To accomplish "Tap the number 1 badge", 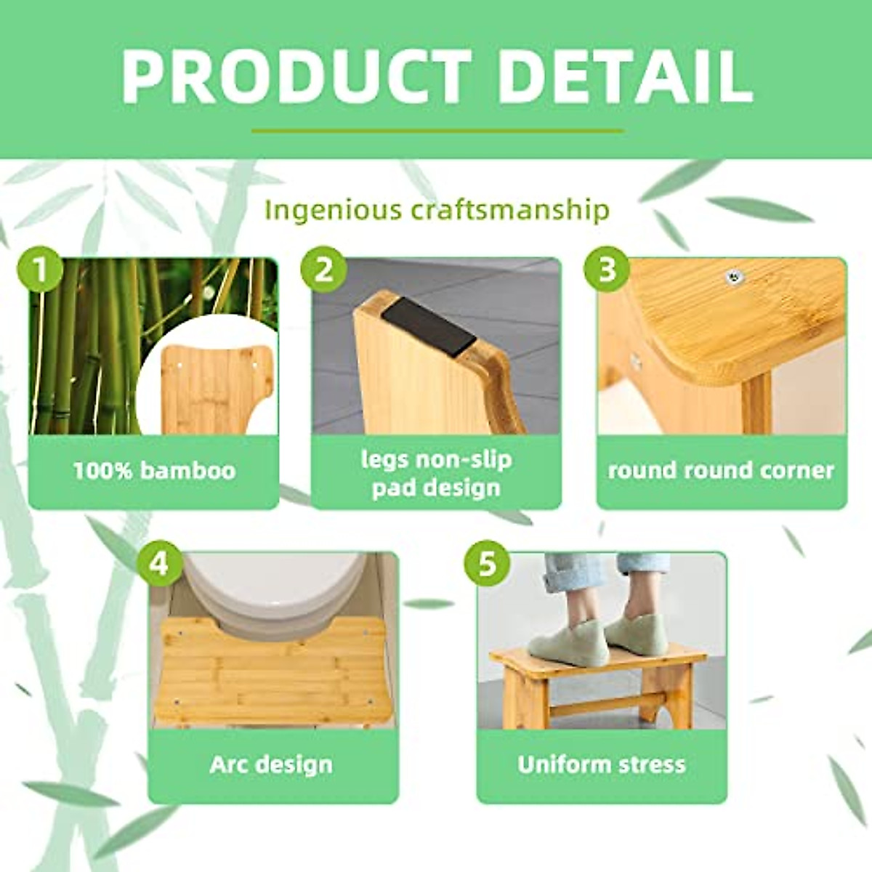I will pos(39,270).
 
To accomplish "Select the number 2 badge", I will pos(323,270).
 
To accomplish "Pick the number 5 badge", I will pos(488,564).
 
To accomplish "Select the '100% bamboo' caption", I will pos(154,471).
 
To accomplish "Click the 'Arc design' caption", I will pos(271,764).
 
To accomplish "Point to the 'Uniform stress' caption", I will pos(601,764).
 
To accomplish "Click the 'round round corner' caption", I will pos(721,471).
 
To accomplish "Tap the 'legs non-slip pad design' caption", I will pos(436,473).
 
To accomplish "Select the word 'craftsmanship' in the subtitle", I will pos(509,210).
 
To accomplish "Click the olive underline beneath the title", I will pos(437,132).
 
